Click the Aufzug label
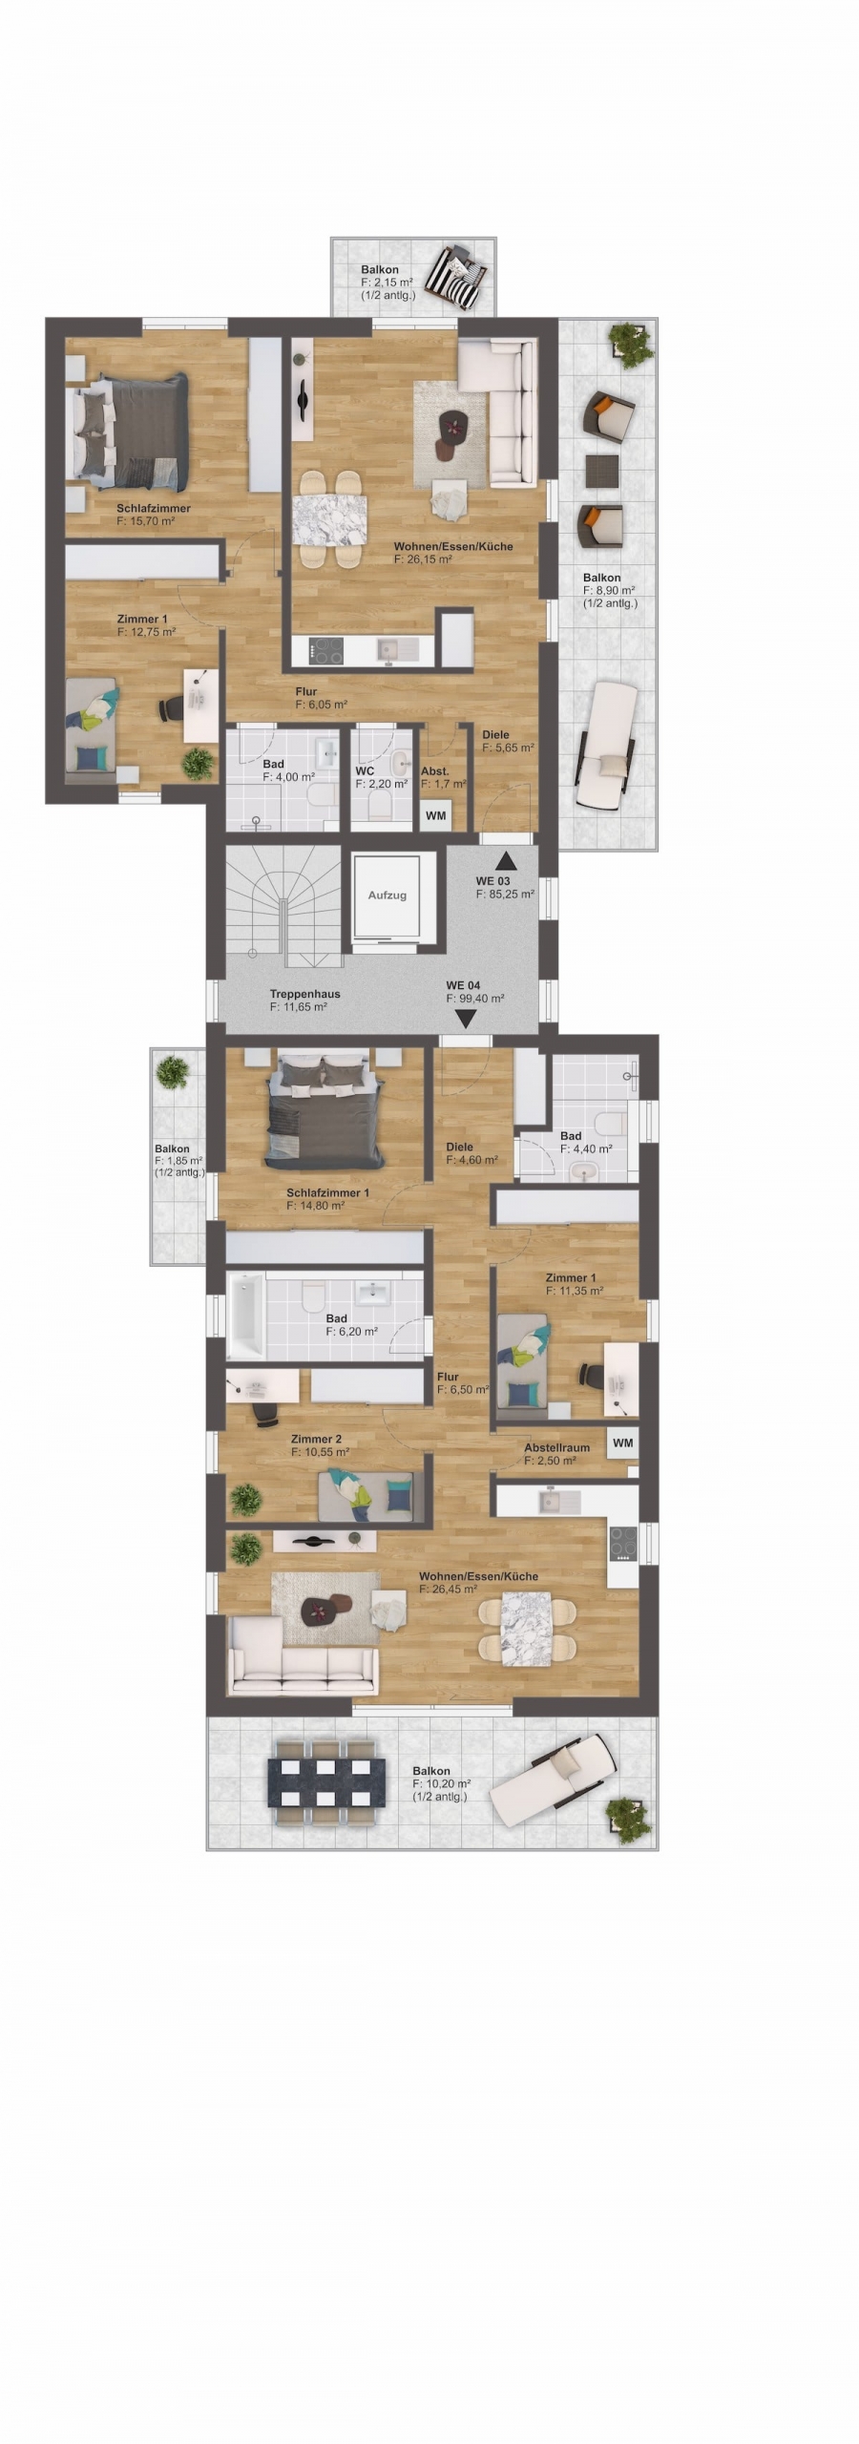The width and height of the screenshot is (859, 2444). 388,895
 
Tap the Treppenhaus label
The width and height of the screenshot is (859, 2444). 304,994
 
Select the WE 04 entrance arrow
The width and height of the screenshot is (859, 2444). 466,1020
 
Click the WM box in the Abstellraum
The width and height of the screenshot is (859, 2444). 623,1443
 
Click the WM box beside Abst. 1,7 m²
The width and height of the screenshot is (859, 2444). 436,816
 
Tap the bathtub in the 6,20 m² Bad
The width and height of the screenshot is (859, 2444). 247,1314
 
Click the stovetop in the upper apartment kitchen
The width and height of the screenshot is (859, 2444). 329,651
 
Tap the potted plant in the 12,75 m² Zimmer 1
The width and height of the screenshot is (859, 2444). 198,763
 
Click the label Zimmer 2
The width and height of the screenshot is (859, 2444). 316,1440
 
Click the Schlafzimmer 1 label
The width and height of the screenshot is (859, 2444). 327,1193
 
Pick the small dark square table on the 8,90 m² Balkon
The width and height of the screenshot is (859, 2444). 600,470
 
